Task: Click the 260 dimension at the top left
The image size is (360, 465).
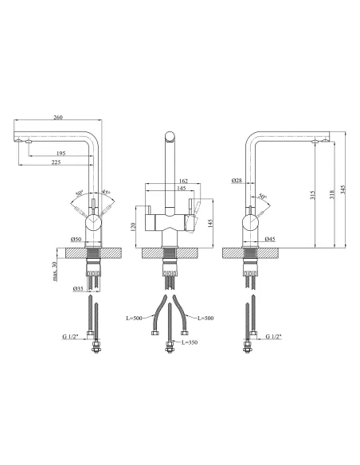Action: (58, 117)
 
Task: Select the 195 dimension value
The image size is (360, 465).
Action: (61, 154)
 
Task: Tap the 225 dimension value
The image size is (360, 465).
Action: (56, 162)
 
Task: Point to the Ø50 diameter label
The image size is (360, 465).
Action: (76, 240)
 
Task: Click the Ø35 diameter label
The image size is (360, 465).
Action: (78, 288)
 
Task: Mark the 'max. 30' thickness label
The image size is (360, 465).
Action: (55, 272)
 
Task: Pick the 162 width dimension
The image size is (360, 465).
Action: (183, 181)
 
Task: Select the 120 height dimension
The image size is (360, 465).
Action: (133, 227)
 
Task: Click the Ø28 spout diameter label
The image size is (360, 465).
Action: (237, 180)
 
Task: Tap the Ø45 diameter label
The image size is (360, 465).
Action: (270, 239)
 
